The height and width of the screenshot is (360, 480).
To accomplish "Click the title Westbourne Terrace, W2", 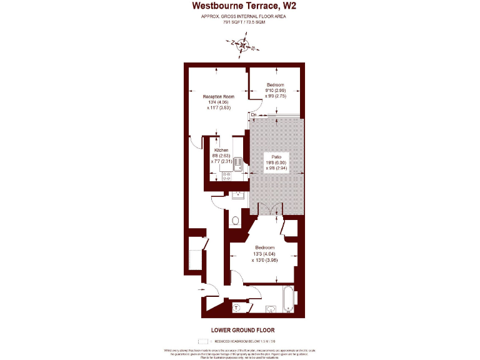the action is coord(239,6).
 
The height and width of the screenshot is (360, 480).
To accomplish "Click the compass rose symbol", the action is coord(242,44).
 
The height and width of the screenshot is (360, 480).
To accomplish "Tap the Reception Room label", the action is coord(218,96).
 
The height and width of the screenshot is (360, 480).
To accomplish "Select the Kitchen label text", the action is coord(222,151).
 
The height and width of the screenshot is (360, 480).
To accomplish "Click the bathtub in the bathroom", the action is coord(287,299).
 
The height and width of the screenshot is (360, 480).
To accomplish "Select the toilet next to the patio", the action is coord(234,220).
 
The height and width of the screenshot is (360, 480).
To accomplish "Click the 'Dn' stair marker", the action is coord(254,115).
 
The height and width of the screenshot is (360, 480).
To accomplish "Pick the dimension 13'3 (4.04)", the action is coord(264,254).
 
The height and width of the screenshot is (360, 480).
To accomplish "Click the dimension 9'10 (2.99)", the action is coord(276,91).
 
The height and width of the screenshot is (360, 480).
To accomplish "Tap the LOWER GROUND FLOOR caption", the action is coord(239,329).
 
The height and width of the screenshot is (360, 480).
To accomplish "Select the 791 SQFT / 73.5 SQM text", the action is coord(239,22).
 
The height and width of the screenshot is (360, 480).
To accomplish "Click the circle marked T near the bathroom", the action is coord(237,307).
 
